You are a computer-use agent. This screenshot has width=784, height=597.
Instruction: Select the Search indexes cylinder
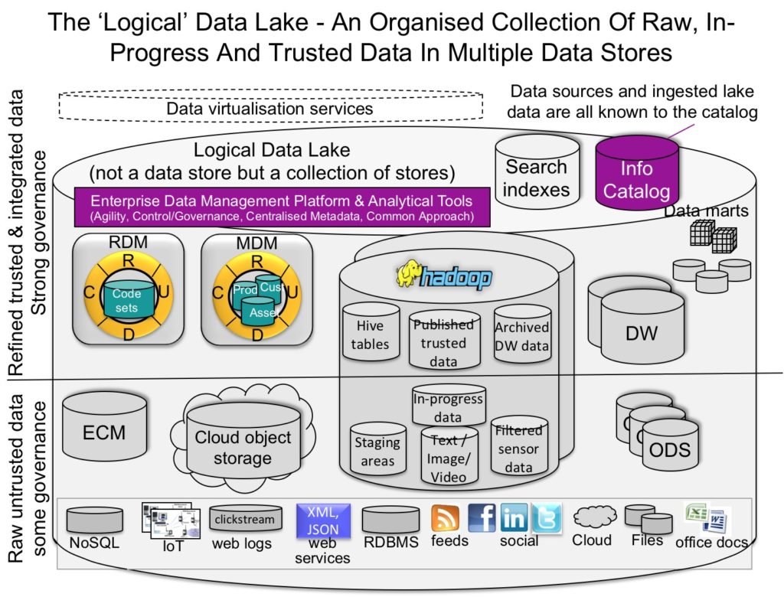536,176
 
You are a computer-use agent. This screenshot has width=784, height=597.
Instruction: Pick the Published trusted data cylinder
443,334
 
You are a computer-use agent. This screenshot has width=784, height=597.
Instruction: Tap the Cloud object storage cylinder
243,447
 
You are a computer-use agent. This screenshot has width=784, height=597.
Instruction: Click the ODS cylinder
670,449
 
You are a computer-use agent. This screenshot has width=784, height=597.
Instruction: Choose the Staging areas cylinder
377,452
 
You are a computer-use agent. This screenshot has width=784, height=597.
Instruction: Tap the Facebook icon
482,518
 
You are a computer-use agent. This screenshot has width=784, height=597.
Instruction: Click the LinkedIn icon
514,519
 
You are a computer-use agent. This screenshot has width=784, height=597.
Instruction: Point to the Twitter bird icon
546,518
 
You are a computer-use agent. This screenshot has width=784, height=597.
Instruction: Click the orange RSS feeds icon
444,519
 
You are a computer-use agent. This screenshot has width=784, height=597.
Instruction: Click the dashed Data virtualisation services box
271,109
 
